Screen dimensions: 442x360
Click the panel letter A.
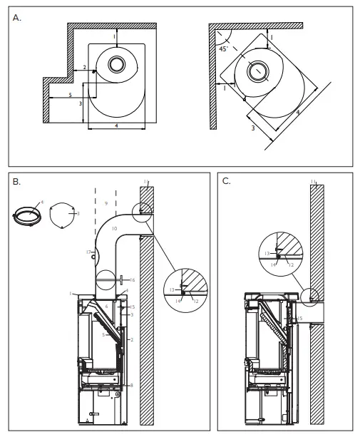pos(18,18)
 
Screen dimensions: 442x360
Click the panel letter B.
pos(18,183)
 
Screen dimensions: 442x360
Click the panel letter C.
pos(227,181)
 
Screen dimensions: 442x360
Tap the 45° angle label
pos(223,49)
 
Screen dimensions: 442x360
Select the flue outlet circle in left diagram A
pos(116,65)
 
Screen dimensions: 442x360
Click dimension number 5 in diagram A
pos(70,95)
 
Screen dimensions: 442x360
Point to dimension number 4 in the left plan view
pos(116,125)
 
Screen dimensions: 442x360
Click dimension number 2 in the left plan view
pos(85,67)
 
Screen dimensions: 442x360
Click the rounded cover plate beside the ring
pos(63,215)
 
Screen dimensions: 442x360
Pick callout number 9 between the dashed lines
pos(106,204)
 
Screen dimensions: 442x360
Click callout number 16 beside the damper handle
pos(133,280)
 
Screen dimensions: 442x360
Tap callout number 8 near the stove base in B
pos(132,385)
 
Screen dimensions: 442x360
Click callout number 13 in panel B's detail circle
pos(172,289)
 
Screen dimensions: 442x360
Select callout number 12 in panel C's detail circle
pos(291,263)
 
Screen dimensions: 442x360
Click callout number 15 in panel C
pos(301,319)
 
